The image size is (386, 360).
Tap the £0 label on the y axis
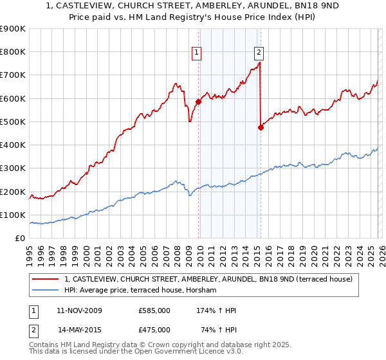20,239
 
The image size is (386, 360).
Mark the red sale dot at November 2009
198,102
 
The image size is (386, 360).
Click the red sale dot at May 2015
261,127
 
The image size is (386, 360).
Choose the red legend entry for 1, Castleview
208,279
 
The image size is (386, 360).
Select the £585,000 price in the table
154,310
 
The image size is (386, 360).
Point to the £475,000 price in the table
154,329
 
